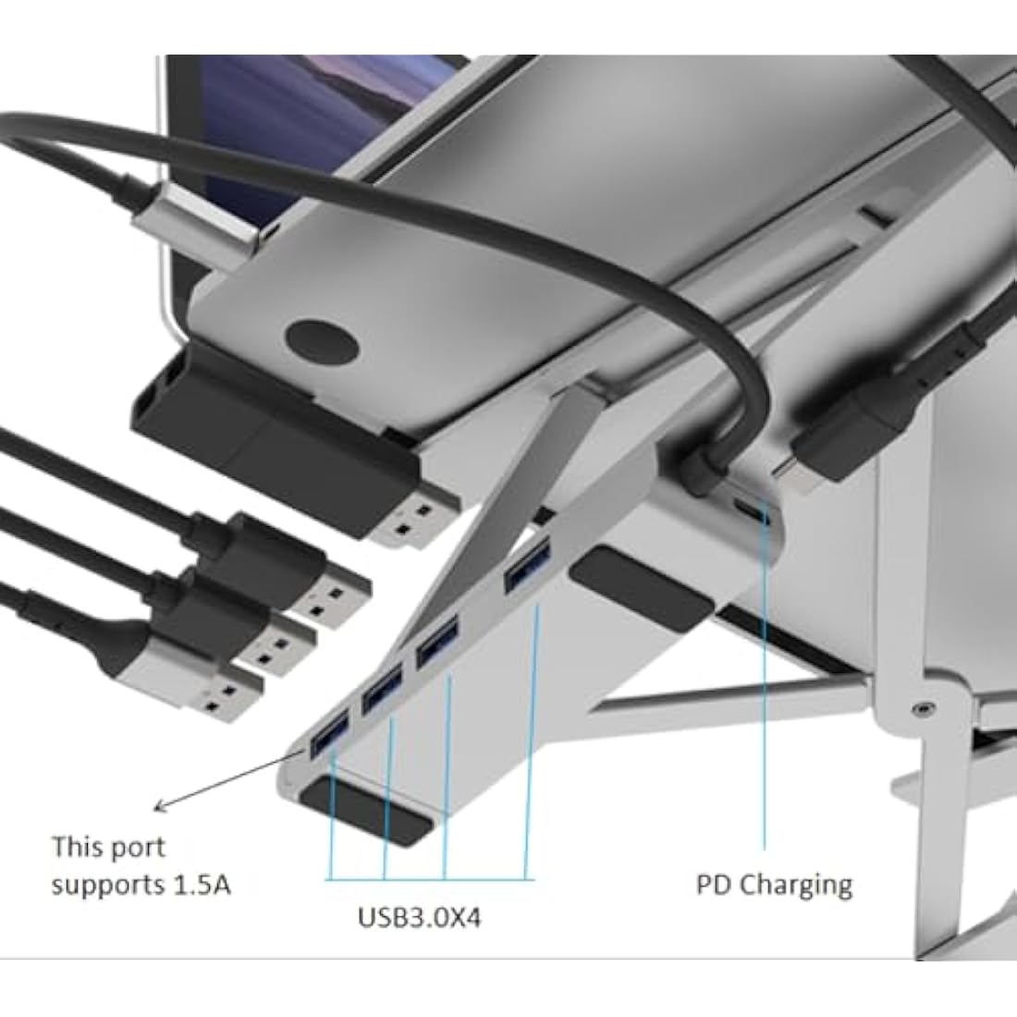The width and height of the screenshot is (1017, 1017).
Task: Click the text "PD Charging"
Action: (774, 886)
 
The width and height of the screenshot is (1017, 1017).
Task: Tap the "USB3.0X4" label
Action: (419, 917)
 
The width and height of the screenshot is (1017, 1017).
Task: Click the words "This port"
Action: (108, 847)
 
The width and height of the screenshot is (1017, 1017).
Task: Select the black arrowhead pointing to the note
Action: (161, 806)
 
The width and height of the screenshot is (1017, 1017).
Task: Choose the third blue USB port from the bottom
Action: (436, 643)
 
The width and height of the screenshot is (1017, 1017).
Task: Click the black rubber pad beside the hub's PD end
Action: (642, 589)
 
